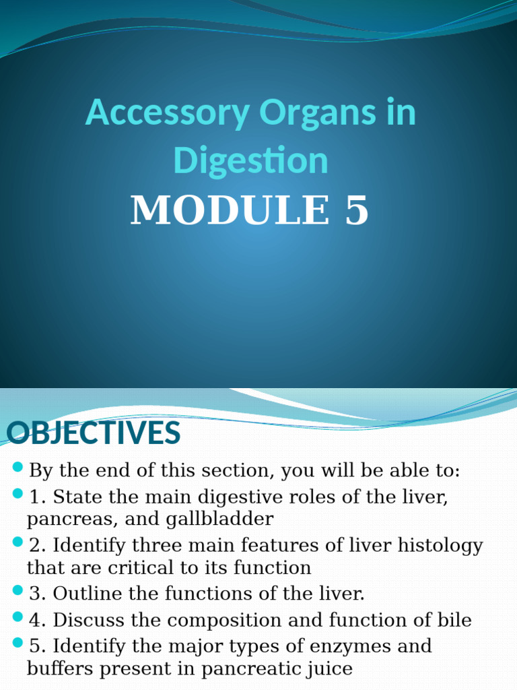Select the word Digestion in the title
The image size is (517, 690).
pos(250,161)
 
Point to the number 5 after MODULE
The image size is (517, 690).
pos(357,210)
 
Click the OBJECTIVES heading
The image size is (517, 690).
pos(94,433)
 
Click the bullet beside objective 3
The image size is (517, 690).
pos(18,591)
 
